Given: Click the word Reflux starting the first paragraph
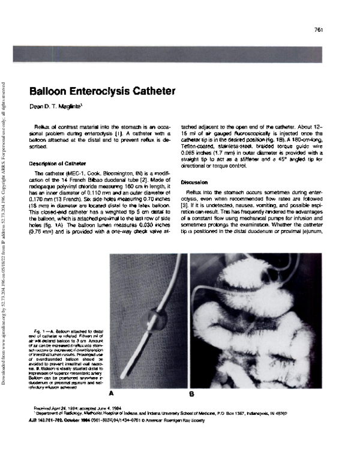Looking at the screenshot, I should pos(44,129).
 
